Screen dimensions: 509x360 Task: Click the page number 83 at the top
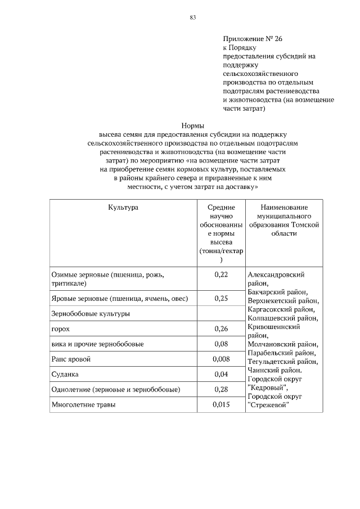pos(192,18)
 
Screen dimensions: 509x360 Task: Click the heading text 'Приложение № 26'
pos(253,39)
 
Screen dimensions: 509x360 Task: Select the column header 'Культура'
pos(123,208)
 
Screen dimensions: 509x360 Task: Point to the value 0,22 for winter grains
pos(221,274)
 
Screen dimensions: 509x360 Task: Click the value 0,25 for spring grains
pos(221,299)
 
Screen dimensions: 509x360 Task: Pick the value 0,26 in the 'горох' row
pos(221,328)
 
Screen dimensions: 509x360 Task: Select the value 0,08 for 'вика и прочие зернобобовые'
pos(221,344)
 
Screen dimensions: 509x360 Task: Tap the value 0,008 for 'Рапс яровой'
pos(221,359)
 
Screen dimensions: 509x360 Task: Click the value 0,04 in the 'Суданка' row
pos(221,374)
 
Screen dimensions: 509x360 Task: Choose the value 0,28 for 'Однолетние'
pos(221,389)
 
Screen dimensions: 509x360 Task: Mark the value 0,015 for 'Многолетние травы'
pos(221,404)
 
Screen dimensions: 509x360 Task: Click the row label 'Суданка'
pos(65,374)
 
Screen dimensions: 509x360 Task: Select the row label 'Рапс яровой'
pos(70,359)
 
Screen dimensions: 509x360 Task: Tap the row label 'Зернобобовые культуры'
pos(90,314)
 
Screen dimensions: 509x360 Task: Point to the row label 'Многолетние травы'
pos(82,404)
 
